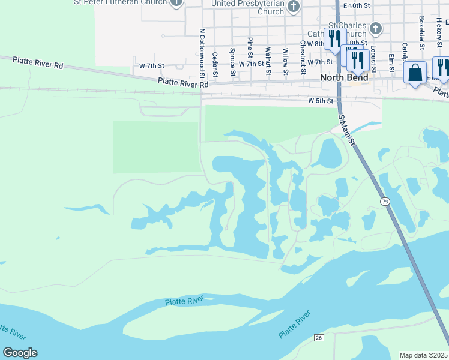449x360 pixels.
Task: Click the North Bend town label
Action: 344,77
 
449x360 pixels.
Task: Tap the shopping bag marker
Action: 415,74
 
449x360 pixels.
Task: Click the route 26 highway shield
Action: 319,338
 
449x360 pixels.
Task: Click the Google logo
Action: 20,353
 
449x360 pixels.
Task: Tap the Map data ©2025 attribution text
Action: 424,355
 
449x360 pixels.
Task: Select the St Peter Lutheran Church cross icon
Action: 176,2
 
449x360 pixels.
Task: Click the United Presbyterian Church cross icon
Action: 293,7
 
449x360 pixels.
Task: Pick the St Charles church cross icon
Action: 375,28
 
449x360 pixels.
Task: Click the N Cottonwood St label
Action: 203,53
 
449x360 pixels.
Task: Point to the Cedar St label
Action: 215,64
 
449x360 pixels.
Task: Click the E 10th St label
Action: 357,5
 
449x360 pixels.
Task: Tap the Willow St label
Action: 286,63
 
